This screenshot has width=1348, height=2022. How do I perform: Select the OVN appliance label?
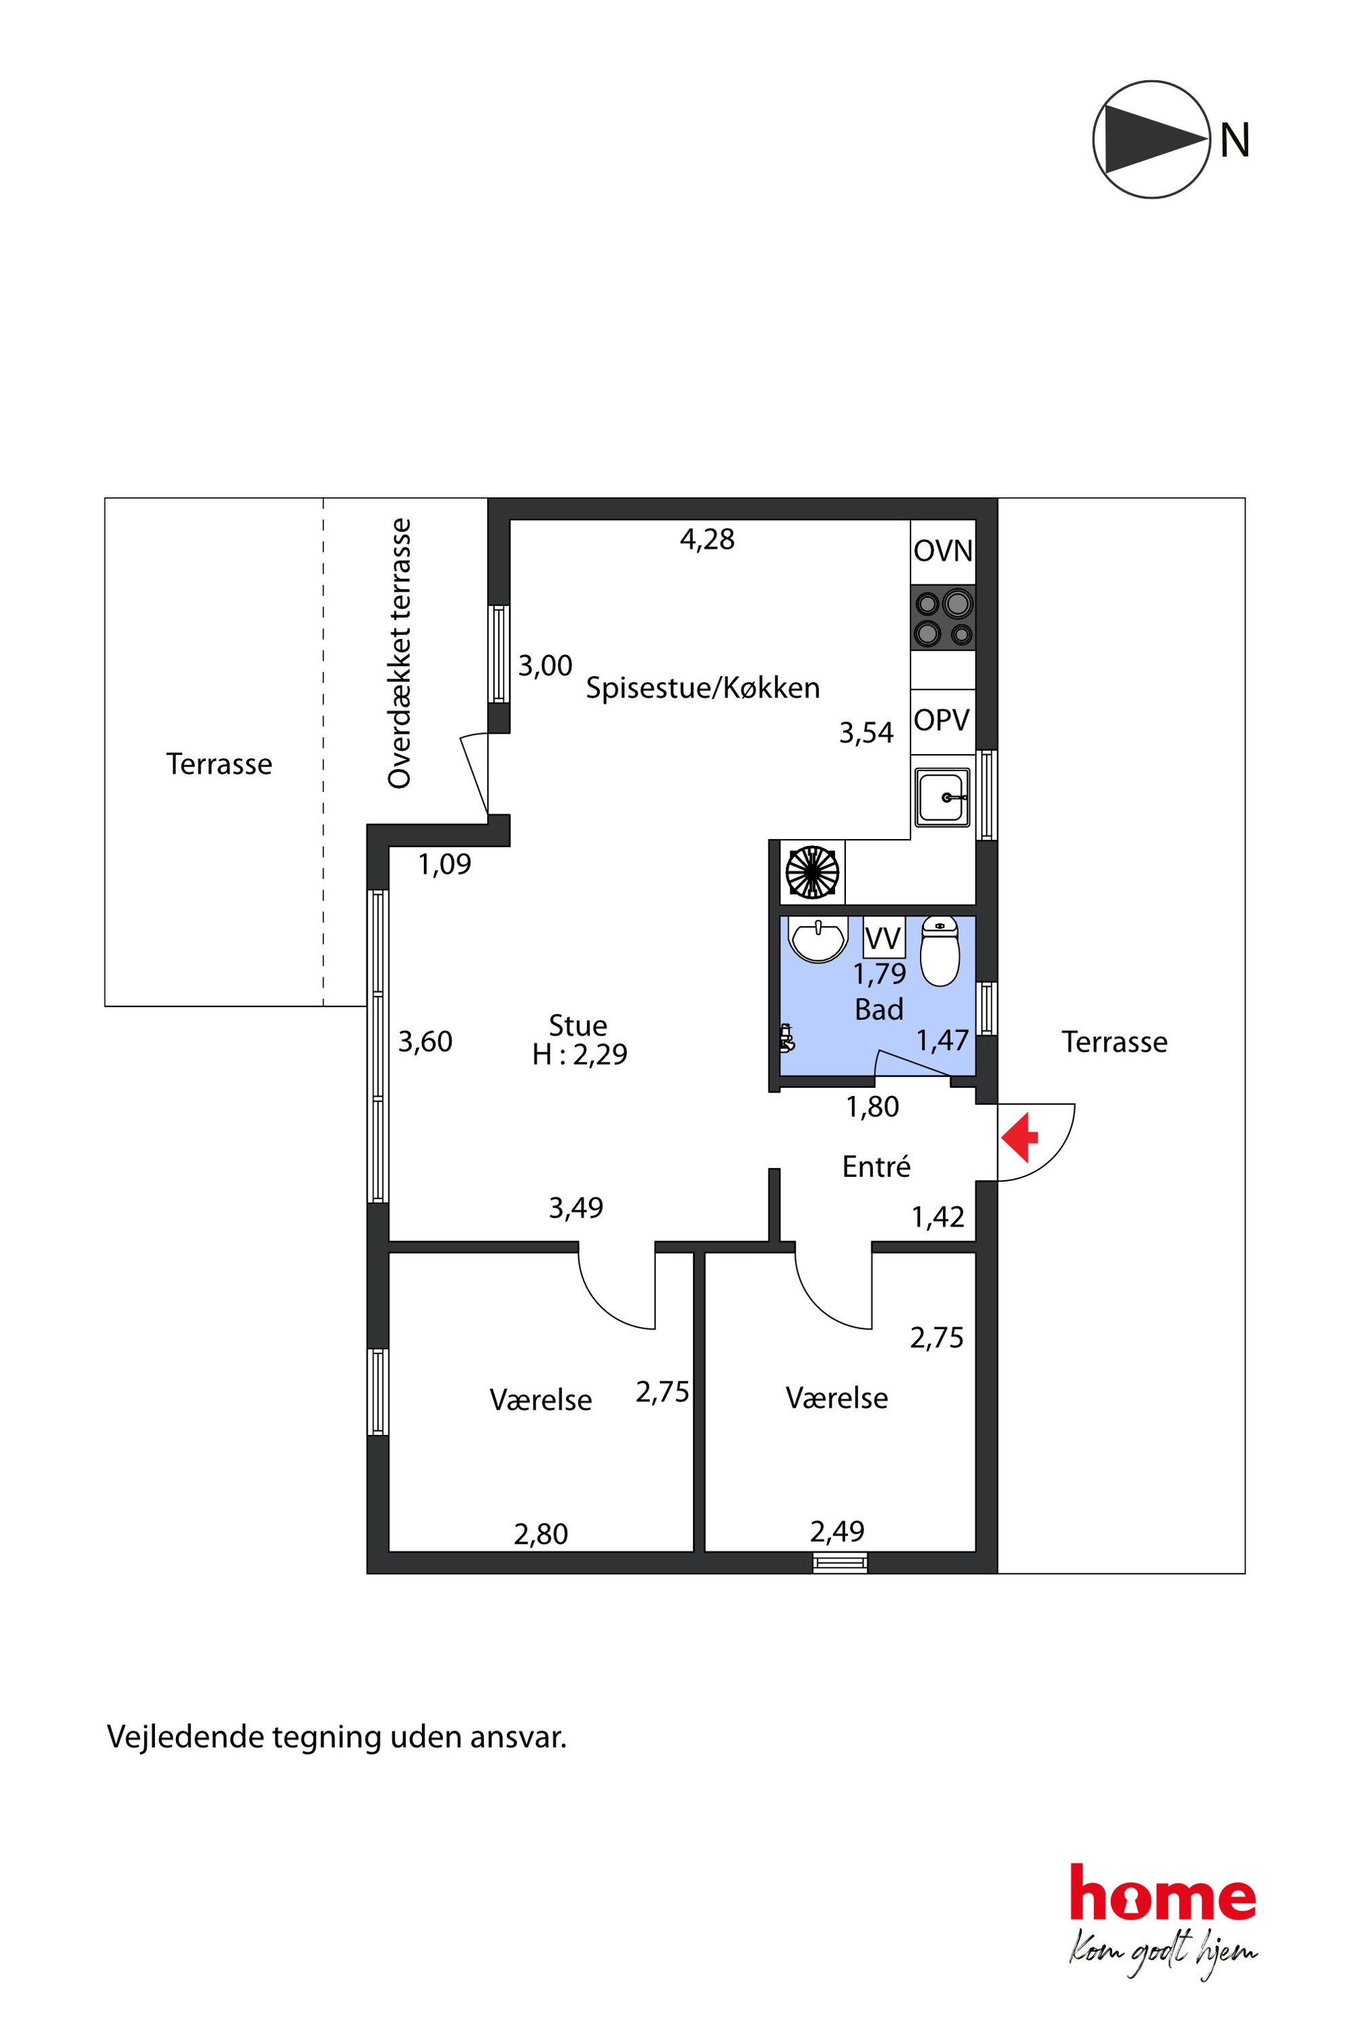coord(943,551)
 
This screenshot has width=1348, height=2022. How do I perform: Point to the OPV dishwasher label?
coord(942,720)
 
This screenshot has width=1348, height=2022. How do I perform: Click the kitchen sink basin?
coord(942,797)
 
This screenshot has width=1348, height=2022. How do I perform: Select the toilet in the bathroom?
coord(940,951)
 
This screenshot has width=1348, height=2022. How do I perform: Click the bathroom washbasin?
coord(819,940)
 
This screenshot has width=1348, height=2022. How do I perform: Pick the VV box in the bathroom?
coord(884,938)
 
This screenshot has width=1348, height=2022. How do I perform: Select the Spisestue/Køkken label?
coord(703,689)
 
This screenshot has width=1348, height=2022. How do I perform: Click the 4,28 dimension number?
coord(707,539)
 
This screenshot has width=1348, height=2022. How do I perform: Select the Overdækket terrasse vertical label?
coord(399,654)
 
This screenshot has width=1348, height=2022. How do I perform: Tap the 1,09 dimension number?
coord(444,864)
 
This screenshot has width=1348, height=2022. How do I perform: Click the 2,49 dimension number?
coord(836,1531)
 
